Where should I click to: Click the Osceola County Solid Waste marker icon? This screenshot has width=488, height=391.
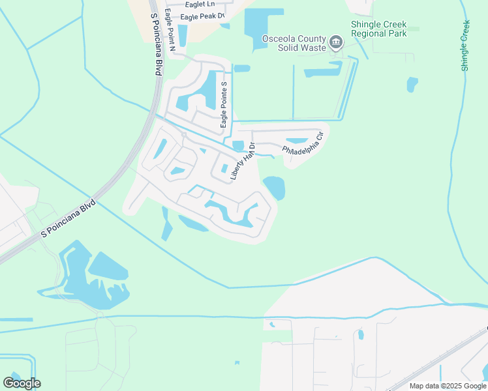pyautogui.click(x=336, y=44)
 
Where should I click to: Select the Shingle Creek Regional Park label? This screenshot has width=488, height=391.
pyautogui.click(x=379, y=29)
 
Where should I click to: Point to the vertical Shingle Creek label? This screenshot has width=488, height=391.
pyautogui.click(x=466, y=45)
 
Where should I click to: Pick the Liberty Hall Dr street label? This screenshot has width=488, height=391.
pyautogui.click(x=241, y=162)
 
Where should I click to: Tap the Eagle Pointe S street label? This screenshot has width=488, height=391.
pyautogui.click(x=224, y=104)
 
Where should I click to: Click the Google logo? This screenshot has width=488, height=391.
pyautogui.click(x=22, y=383)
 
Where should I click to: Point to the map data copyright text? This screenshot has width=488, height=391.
pyautogui.click(x=448, y=386)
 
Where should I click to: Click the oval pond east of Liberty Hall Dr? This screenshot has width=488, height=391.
pyautogui.click(x=275, y=188)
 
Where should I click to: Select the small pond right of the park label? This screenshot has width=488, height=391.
pyautogui.click(x=412, y=85)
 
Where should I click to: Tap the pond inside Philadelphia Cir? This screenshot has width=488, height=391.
pyautogui.click(x=297, y=141)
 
